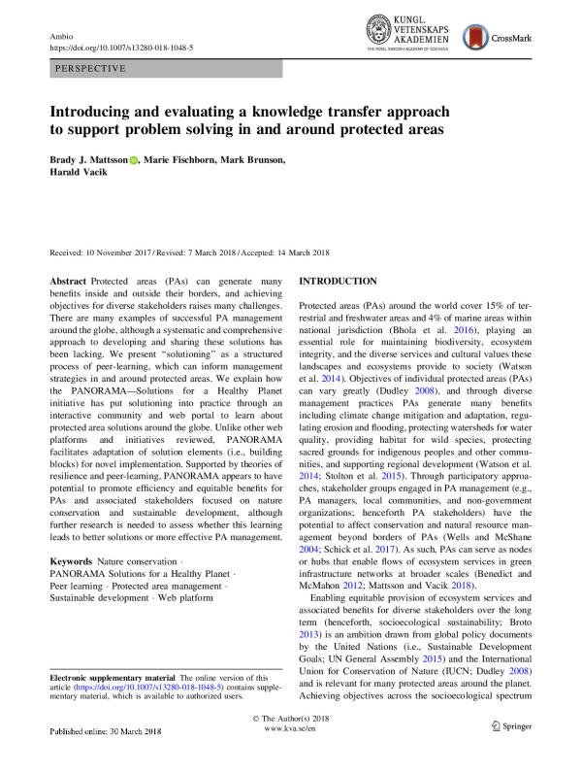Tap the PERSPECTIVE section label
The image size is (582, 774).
point(91,70)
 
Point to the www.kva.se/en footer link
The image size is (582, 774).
point(291,754)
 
